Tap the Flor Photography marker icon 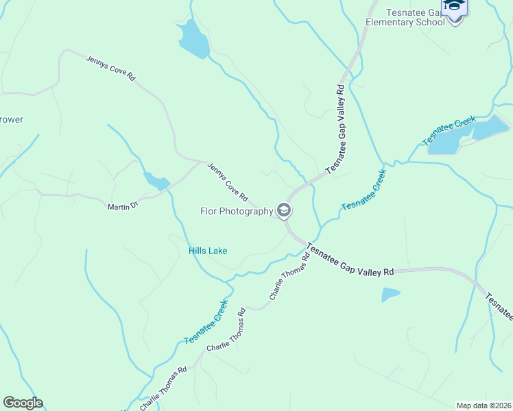click(x=284, y=210)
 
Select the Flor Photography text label click(x=237, y=211)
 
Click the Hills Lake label click(x=208, y=251)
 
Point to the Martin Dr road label click(x=123, y=206)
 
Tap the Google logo click(x=23, y=403)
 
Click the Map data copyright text click(x=484, y=405)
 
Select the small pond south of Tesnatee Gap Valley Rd click(x=390, y=295)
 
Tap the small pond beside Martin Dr click(x=156, y=182)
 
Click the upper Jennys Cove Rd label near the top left click(x=110, y=69)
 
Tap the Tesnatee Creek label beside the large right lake click(x=449, y=131)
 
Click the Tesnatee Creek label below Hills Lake click(x=205, y=321)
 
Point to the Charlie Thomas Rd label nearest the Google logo click(x=163, y=389)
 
